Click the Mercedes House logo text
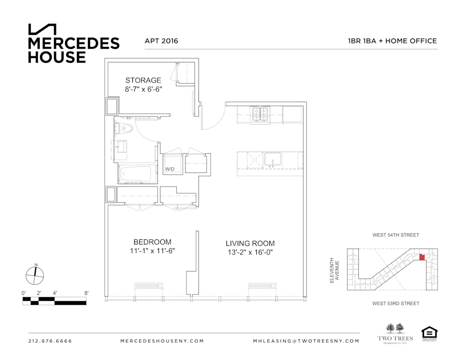(74, 50)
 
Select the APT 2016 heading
(161, 41)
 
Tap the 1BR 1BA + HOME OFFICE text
(389, 41)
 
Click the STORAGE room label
(143, 80)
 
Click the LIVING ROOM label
(250, 243)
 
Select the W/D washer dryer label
(169, 170)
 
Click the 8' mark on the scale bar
(86, 292)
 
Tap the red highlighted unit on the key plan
(422, 257)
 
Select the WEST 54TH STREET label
(396, 235)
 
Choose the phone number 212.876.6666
(50, 341)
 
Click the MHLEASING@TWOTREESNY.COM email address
(306, 341)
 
